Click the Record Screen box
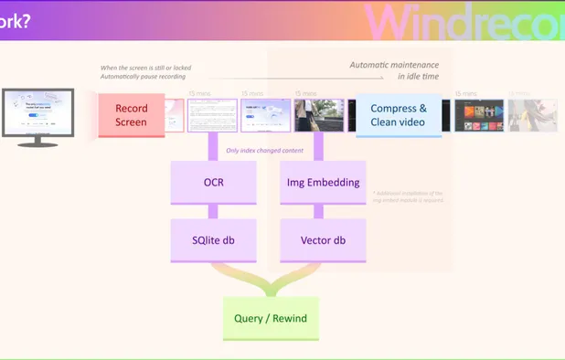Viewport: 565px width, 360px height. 131,115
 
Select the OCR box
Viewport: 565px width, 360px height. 213,182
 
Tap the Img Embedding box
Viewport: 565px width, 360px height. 323,182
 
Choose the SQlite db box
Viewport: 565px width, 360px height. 213,240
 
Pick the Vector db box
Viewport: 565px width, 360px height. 323,240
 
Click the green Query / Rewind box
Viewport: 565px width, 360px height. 271,319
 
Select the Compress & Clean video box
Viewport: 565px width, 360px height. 399,115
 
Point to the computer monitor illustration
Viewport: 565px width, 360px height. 38,112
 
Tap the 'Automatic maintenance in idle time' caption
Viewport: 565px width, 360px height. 394,70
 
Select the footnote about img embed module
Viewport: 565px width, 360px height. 408,196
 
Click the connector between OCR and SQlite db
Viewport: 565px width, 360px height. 213,211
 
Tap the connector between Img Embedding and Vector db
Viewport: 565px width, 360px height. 323,211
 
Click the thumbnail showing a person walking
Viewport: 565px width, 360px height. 319,115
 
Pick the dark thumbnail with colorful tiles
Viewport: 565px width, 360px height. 479,116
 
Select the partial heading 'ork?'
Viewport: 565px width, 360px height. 16,20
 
